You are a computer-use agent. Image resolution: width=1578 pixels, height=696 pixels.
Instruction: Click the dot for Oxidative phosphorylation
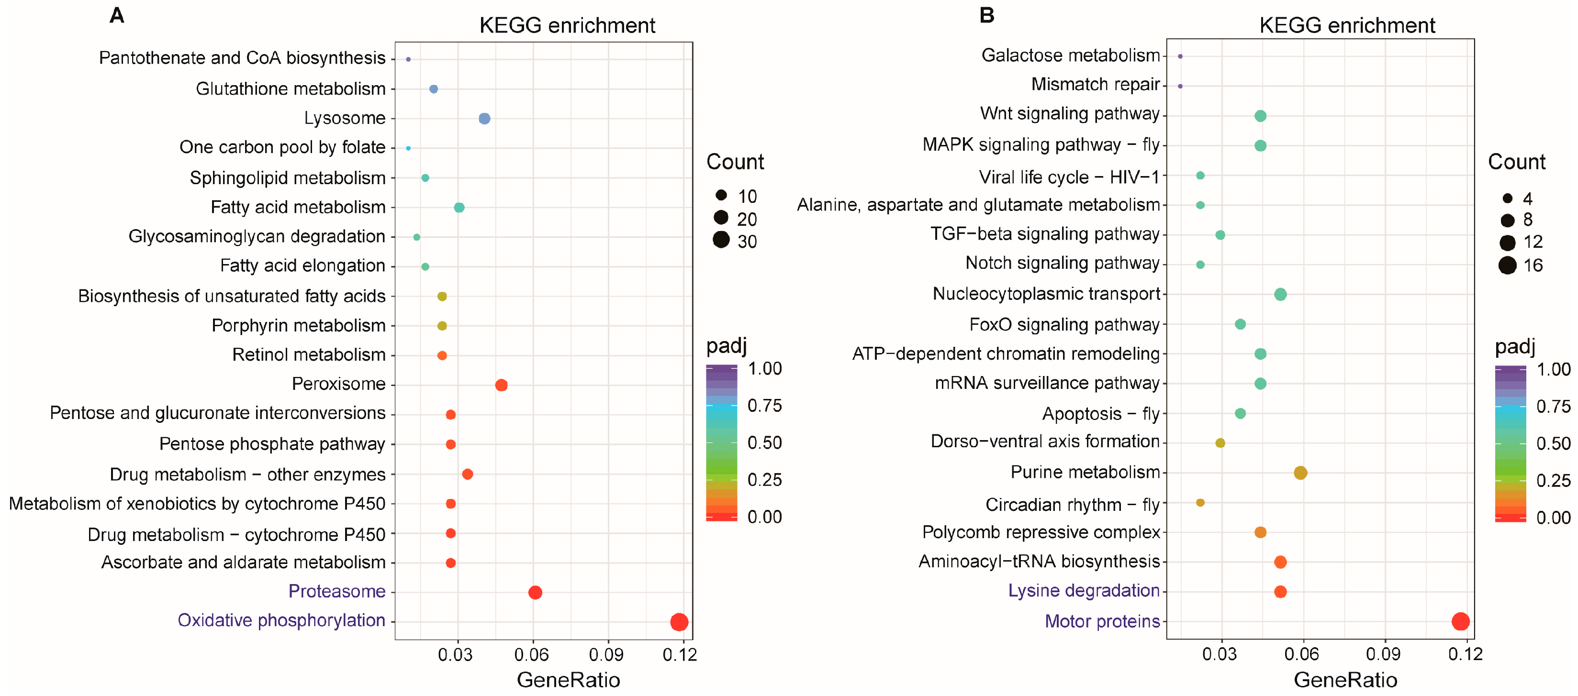[678, 622]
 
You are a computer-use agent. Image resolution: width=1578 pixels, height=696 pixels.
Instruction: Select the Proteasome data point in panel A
[535, 592]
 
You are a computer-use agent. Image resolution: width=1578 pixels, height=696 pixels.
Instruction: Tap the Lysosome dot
[484, 118]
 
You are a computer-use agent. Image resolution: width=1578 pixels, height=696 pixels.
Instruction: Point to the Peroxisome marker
[501, 385]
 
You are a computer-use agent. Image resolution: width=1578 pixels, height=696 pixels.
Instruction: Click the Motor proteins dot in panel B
[1460, 621]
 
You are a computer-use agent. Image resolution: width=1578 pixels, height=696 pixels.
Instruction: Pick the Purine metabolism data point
[1300, 473]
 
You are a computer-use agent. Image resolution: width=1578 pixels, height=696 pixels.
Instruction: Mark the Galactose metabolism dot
[1180, 56]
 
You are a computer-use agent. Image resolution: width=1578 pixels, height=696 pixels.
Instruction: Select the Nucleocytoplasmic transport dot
[1280, 295]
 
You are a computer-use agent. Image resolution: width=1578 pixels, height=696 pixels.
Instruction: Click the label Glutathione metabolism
[291, 89]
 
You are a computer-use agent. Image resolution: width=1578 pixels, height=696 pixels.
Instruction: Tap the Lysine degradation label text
[1084, 591]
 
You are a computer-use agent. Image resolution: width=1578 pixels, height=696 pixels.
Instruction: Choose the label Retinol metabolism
[309, 355]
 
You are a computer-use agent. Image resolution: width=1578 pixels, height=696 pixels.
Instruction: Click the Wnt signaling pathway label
[1070, 114]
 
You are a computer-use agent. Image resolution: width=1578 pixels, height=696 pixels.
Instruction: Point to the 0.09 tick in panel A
[606, 655]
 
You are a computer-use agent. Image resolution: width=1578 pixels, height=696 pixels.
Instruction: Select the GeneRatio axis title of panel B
[1345, 680]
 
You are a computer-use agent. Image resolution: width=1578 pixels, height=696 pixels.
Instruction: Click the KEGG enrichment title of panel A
[567, 26]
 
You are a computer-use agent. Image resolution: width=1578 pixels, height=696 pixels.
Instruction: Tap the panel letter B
[986, 15]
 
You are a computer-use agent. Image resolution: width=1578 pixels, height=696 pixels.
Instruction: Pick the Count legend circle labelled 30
[721, 240]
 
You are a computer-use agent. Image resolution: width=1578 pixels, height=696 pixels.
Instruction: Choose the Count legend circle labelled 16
[1508, 265]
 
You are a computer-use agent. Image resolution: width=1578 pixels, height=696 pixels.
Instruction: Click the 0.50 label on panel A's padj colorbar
[764, 442]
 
